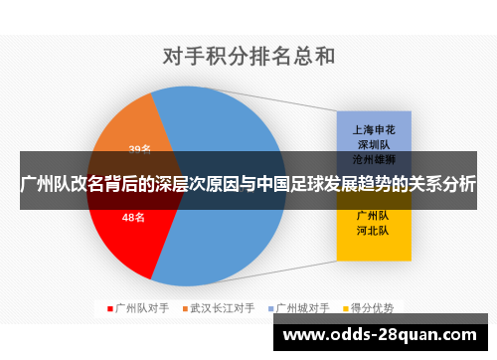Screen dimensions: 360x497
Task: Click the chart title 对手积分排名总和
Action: pos(248,57)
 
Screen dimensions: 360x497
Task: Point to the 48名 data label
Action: pos(134,217)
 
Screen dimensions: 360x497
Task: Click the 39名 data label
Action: pos(139,150)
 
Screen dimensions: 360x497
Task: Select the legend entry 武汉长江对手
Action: pos(223,308)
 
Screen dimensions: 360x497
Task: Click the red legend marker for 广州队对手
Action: pos(110,308)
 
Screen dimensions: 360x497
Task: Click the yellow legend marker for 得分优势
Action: pos(348,308)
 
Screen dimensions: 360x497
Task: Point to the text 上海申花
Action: pos(374,129)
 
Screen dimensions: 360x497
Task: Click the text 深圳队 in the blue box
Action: pos(374,144)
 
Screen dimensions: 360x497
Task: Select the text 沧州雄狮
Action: pos(374,158)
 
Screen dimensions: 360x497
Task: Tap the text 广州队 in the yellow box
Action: pos(374,215)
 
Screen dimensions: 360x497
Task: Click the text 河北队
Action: pos(374,230)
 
